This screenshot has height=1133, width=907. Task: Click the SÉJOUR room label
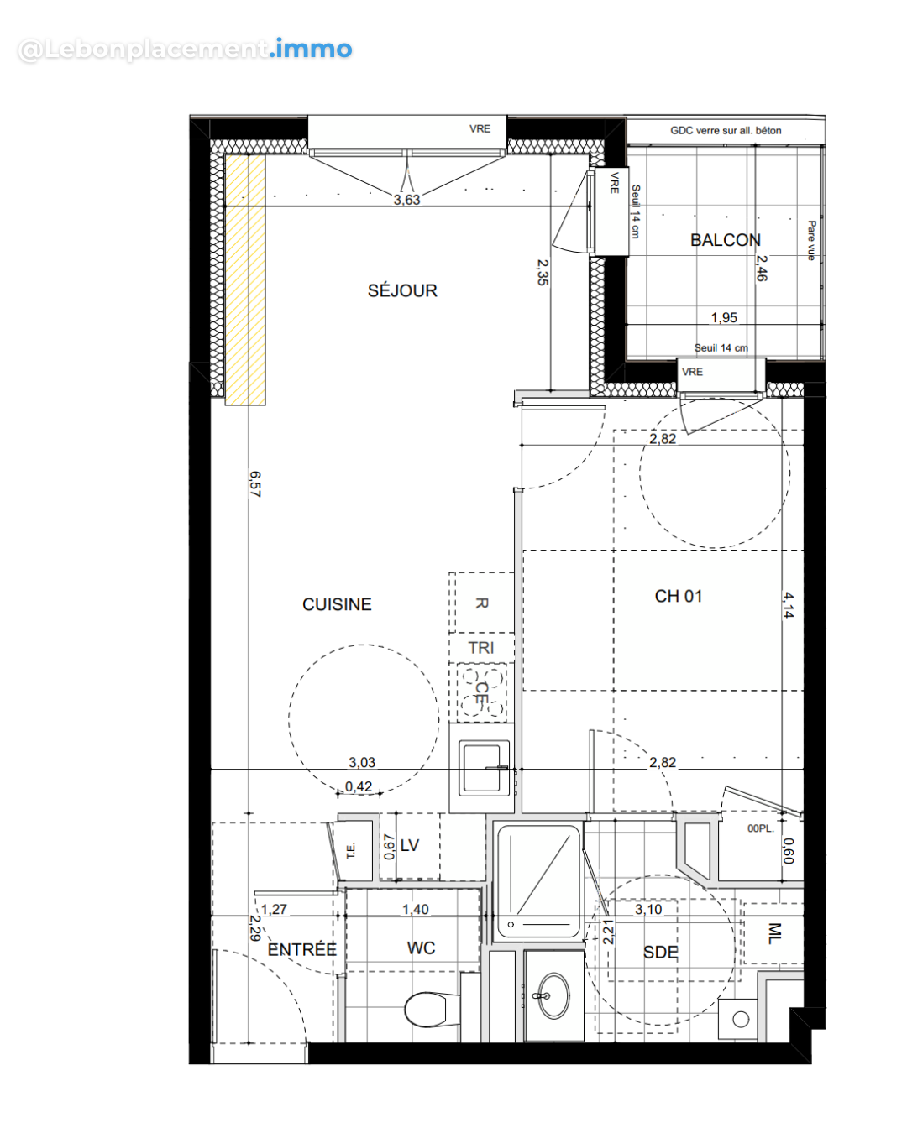click(402, 290)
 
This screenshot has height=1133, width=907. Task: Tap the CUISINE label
click(337, 604)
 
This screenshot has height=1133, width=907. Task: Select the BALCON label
click(725, 240)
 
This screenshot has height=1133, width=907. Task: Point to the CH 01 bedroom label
click(679, 596)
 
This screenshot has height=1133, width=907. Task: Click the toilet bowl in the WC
click(426, 1009)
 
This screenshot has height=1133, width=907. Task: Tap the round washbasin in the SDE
click(553, 995)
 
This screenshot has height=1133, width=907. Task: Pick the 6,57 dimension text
click(255, 484)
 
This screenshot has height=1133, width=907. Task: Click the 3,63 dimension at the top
click(406, 200)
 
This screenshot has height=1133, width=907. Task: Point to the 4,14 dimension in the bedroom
click(788, 604)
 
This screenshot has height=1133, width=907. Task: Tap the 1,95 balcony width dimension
click(724, 317)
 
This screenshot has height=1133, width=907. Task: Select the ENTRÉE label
click(301, 949)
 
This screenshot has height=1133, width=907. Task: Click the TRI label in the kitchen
click(480, 648)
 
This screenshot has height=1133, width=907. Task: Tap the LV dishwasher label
click(410, 845)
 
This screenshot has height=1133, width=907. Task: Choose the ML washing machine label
click(774, 933)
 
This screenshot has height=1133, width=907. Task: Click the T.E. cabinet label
click(351, 851)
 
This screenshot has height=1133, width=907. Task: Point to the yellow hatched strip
click(245, 279)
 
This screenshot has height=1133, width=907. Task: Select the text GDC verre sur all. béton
click(725, 131)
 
